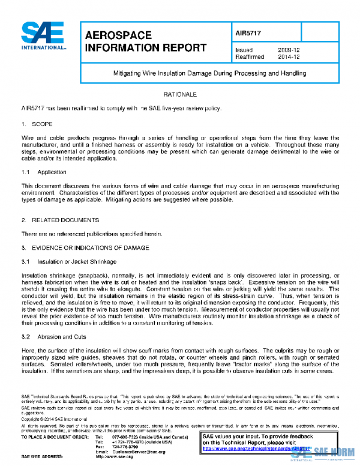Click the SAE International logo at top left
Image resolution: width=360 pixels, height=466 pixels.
(44, 37)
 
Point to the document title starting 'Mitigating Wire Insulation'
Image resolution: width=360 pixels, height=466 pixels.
(209, 73)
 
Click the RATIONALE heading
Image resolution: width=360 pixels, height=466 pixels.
(179, 95)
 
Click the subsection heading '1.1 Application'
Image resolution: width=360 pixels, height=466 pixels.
(43, 172)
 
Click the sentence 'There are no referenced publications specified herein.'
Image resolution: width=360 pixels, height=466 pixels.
(92, 234)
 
